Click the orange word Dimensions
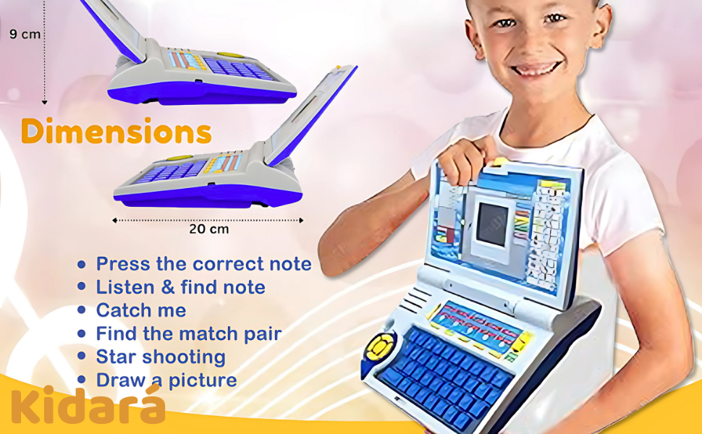116,131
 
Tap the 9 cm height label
25,34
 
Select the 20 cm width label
208,229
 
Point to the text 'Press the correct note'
203,264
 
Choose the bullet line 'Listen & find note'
180,287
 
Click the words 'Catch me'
141,310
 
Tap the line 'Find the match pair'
188,333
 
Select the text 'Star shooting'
161,357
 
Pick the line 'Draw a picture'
166,380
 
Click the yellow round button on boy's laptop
380,346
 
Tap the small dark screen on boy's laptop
492,224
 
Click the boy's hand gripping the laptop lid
461,162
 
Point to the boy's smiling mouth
537,69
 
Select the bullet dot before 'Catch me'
81,310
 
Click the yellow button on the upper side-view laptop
231,56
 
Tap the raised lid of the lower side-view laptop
311,116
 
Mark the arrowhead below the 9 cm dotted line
44,103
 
